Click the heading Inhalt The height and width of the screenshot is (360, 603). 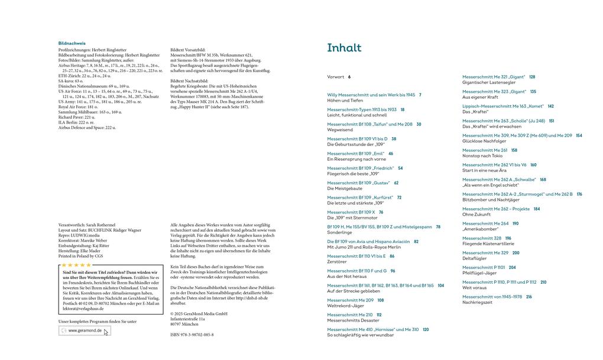(344, 48)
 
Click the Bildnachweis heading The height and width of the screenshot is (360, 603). (72, 43)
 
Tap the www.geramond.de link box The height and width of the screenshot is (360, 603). (85, 330)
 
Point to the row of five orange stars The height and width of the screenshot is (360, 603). (77, 265)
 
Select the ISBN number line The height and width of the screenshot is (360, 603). (192, 335)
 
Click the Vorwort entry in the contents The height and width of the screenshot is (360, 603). (336, 77)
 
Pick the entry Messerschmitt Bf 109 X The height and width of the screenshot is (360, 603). (351, 212)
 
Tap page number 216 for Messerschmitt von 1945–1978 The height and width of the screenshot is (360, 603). (529, 297)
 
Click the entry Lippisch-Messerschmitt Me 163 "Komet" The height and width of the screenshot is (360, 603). (502, 106)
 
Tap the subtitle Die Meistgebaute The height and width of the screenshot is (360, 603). (345, 188)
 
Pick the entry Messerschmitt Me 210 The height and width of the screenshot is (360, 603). (350, 315)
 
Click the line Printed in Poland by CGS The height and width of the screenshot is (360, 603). (80, 256)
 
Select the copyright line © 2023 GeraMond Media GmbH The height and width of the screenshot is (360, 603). (199, 313)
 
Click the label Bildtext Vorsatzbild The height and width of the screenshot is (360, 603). (187, 50)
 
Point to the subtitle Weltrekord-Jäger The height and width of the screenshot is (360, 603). (346, 306)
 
